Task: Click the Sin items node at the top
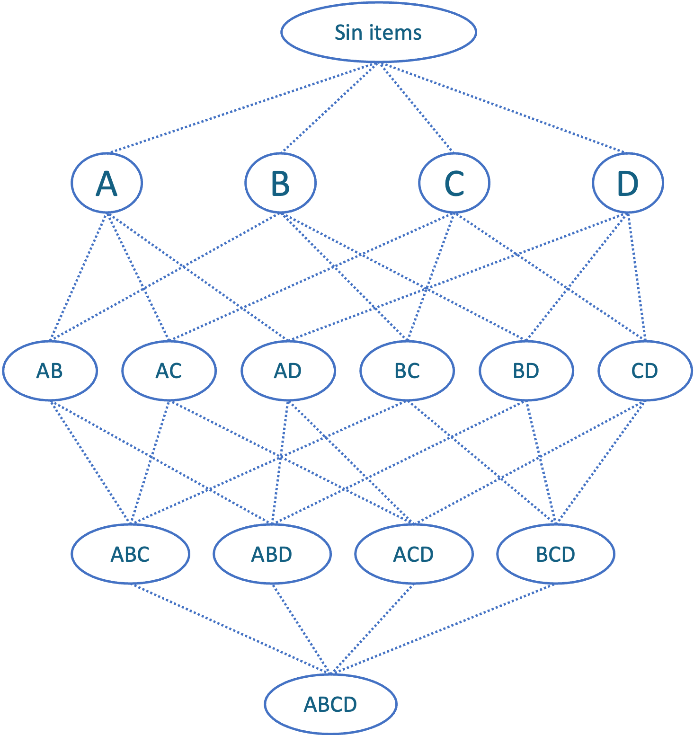[378, 32]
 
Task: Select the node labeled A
[107, 183]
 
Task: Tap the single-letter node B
[280, 183]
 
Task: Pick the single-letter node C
[454, 183]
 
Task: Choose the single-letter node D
[628, 183]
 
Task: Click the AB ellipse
[50, 371]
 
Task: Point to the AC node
[169, 371]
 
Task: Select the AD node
[288, 371]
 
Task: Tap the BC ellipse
[407, 371]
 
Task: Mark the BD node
[526, 371]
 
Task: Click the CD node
[645, 371]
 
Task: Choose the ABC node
[130, 554]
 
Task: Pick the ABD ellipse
[272, 554]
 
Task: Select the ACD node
[414, 554]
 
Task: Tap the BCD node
[555, 554]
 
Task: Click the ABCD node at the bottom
[330, 704]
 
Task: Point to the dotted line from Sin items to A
[244, 107]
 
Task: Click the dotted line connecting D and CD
[637, 277]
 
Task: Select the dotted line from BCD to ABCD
[443, 629]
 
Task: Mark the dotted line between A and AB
[79, 277]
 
